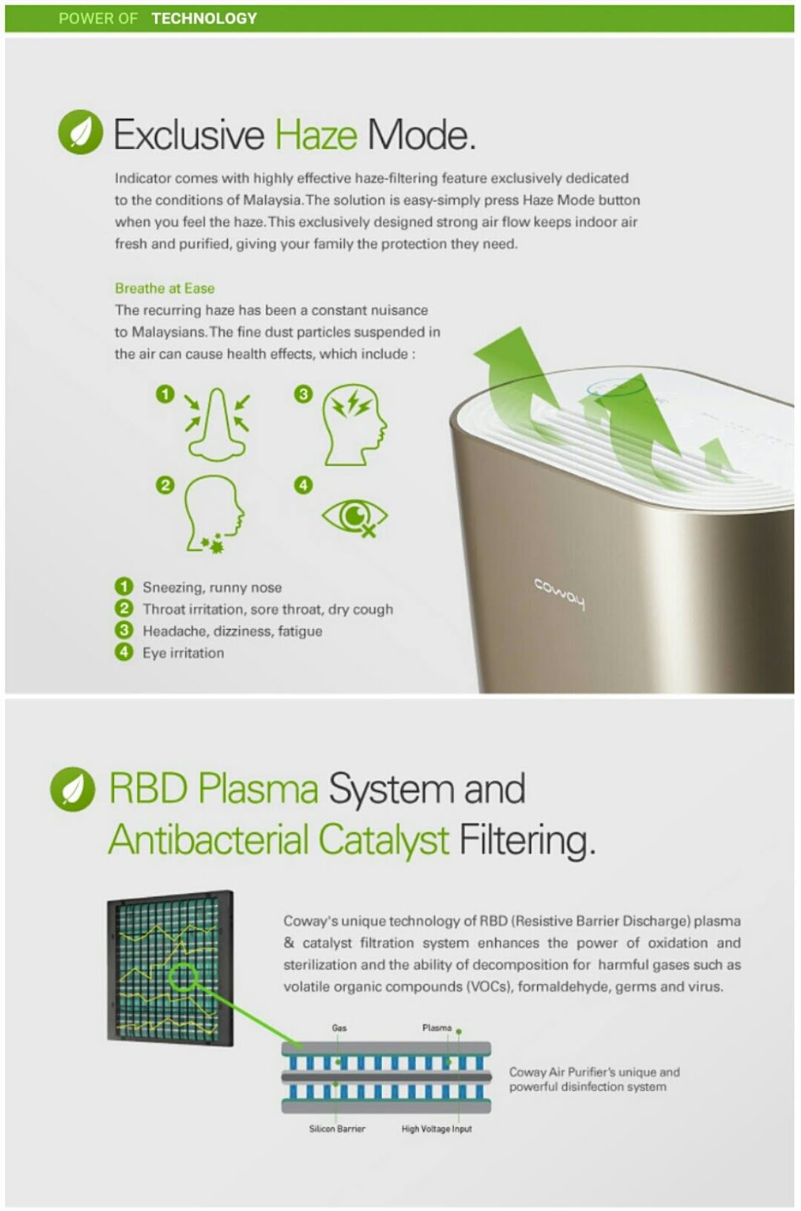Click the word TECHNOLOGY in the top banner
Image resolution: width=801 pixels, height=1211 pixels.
pyautogui.click(x=204, y=18)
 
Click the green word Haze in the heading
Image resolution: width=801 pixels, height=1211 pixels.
pyautogui.click(x=315, y=135)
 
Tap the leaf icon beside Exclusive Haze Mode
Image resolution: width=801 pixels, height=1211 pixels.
pyautogui.click(x=80, y=132)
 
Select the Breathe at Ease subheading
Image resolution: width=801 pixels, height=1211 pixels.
pyautogui.click(x=164, y=288)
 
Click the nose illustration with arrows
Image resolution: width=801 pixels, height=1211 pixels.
pyautogui.click(x=217, y=425)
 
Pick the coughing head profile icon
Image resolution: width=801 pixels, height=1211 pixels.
pyautogui.click(x=215, y=512)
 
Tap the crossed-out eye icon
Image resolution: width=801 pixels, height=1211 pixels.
pyautogui.click(x=354, y=517)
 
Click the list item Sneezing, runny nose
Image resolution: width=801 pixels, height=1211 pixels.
pyautogui.click(x=212, y=587)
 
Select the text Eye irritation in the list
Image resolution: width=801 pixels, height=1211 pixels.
pyautogui.click(x=183, y=653)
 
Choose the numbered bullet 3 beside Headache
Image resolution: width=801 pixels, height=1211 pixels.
pyautogui.click(x=124, y=630)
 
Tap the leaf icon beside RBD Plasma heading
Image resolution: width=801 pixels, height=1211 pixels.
pyautogui.click(x=73, y=789)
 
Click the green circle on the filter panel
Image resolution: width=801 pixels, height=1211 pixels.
pyautogui.click(x=184, y=977)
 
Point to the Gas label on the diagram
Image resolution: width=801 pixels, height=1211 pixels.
pyautogui.click(x=339, y=1028)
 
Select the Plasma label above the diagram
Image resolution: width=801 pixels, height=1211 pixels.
pyautogui.click(x=436, y=1028)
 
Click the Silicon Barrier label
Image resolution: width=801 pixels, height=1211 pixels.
pyautogui.click(x=337, y=1129)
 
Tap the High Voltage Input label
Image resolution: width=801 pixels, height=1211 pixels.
pyautogui.click(x=436, y=1129)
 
